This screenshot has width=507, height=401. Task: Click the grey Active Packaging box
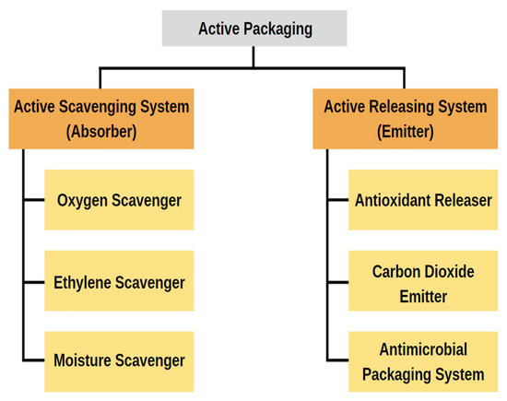click(255, 29)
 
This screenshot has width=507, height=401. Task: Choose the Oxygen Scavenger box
click(119, 200)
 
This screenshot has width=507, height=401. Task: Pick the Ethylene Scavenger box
click(119, 281)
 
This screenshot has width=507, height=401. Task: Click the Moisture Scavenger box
click(119, 361)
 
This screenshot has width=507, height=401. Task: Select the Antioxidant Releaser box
click(422, 200)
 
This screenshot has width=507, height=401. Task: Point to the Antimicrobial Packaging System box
click(422, 361)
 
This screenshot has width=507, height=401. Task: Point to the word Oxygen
click(83, 200)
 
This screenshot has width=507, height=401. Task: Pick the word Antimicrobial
click(422, 350)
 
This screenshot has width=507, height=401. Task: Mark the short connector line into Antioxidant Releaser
click(337, 199)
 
